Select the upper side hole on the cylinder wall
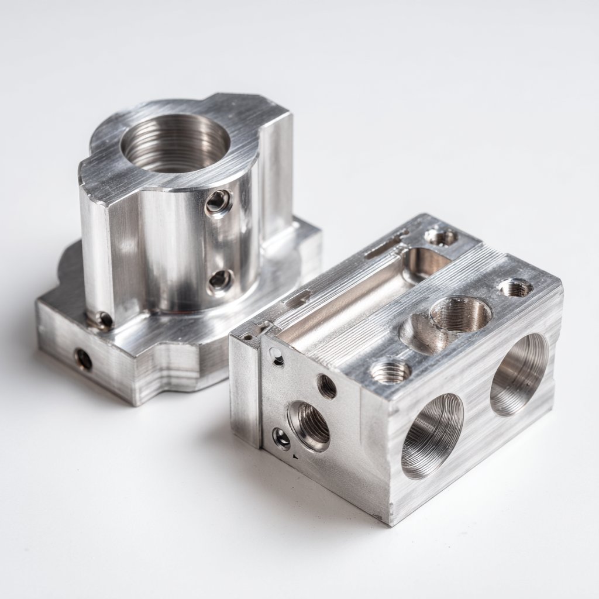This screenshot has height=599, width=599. pos(218,202)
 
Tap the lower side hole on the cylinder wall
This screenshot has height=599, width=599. pos(220,280)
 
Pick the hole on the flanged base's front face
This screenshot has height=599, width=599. pos(83,359)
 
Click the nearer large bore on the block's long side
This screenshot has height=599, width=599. pos(432,435)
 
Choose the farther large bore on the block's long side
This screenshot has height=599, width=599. pos(519,374)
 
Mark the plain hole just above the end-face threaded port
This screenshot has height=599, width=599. pos(326,386)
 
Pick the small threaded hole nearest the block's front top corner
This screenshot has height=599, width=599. pos(390,371)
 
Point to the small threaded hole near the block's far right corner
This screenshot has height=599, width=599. pos(515,287)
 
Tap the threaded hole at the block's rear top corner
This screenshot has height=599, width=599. pos(440,237)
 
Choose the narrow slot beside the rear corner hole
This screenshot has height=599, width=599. pos(385,245)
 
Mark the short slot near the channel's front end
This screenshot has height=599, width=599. pos(297,299)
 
